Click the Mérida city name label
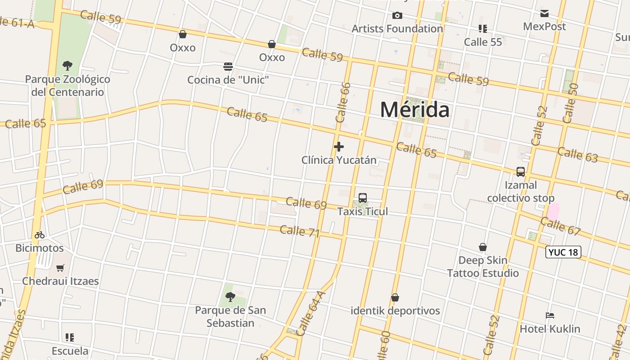(x=414, y=110)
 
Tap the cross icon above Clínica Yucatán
(x=339, y=146)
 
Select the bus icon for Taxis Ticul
(x=363, y=198)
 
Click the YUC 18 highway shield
(x=563, y=252)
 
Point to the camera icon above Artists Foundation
(x=397, y=16)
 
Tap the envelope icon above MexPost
(x=544, y=13)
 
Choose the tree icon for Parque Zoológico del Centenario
(x=67, y=66)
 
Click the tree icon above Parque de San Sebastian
(x=230, y=297)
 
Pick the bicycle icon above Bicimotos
(x=40, y=234)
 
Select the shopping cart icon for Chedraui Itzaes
(x=60, y=268)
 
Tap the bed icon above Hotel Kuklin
(x=550, y=315)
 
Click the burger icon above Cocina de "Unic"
(x=228, y=67)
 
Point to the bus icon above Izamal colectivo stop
(x=521, y=172)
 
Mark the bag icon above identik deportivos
(x=395, y=297)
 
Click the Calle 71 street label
(x=300, y=231)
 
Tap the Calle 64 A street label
(x=310, y=313)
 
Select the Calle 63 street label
(x=577, y=154)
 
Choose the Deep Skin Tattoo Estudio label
(x=483, y=266)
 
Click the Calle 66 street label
(x=343, y=102)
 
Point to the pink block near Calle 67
(x=553, y=211)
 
